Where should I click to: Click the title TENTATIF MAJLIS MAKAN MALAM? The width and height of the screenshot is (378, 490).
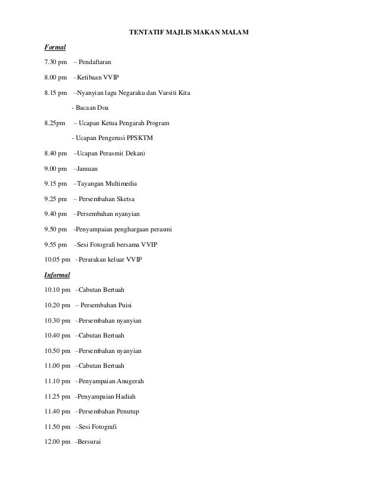[x=189, y=31]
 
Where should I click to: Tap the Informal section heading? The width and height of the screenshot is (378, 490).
[x=57, y=275]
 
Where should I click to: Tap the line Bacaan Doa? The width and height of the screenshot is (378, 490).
[x=87, y=108]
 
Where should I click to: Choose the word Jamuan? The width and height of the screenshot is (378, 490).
[x=88, y=169]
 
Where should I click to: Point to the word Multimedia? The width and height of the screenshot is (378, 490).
[x=121, y=184]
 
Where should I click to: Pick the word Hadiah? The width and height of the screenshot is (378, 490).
[x=123, y=396]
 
